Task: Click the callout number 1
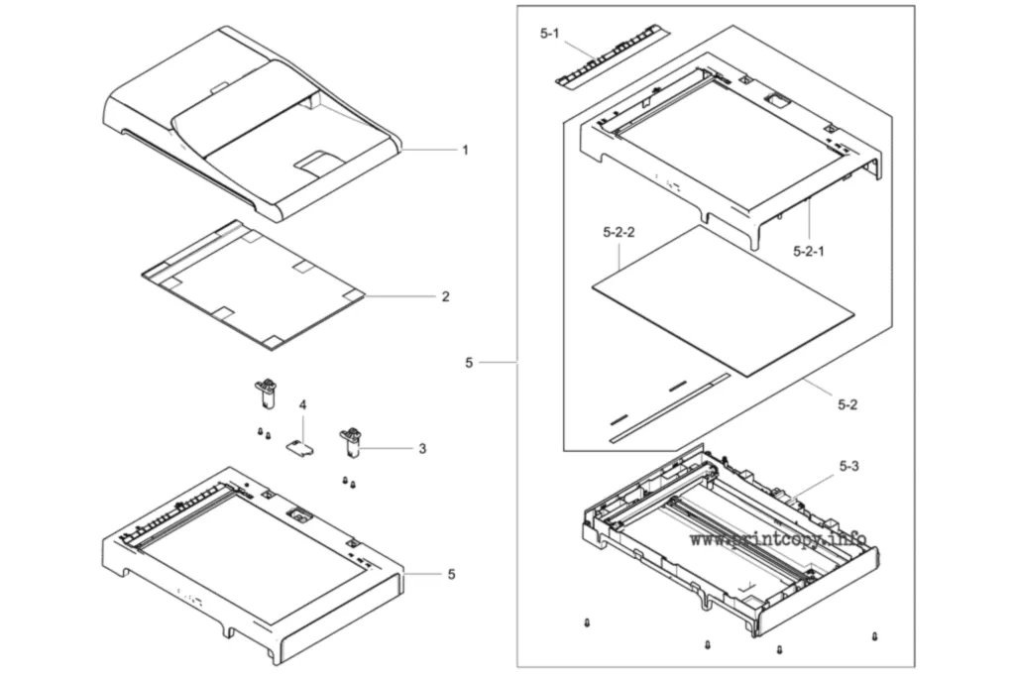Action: [x=465, y=151]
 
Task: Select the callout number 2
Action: [x=445, y=296]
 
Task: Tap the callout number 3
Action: [x=422, y=448]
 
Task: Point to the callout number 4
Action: [x=302, y=405]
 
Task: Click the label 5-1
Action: [x=549, y=34]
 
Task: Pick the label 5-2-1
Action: [x=809, y=251]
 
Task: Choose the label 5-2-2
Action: [x=619, y=232]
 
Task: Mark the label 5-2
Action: [x=847, y=404]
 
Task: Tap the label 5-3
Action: [x=849, y=466]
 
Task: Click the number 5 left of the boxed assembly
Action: [x=469, y=363]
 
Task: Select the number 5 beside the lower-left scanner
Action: [x=451, y=574]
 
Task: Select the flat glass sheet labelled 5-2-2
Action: [x=723, y=300]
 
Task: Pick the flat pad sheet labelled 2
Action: [x=253, y=284]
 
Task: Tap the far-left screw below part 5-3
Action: [x=587, y=622]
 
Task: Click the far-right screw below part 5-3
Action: [x=875, y=636]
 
